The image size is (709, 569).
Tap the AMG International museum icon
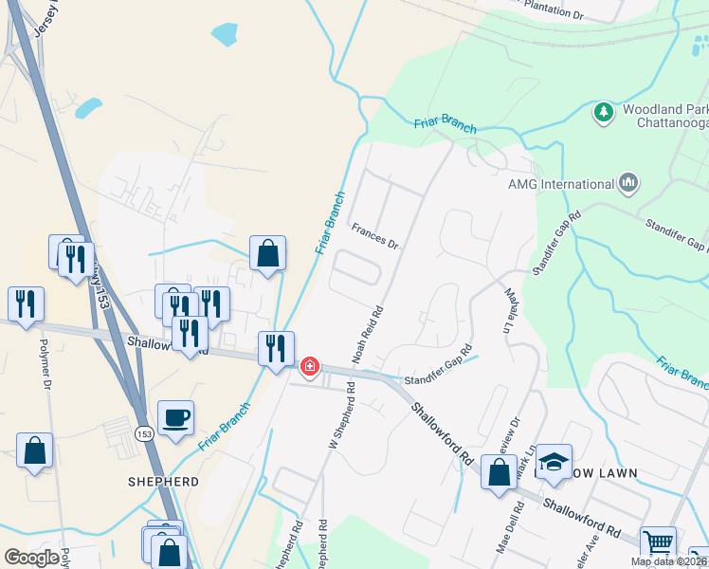[627, 183]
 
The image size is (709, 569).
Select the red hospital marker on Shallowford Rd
[310, 366]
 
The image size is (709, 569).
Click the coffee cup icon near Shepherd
[176, 418]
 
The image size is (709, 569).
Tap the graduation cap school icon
[554, 462]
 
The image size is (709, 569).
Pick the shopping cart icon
[658, 544]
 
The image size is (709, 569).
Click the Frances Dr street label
[375, 234]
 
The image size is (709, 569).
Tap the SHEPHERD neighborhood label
[164, 482]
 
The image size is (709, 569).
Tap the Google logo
[31, 558]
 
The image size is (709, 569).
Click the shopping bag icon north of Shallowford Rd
[268, 253]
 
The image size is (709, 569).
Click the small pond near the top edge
[225, 36]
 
